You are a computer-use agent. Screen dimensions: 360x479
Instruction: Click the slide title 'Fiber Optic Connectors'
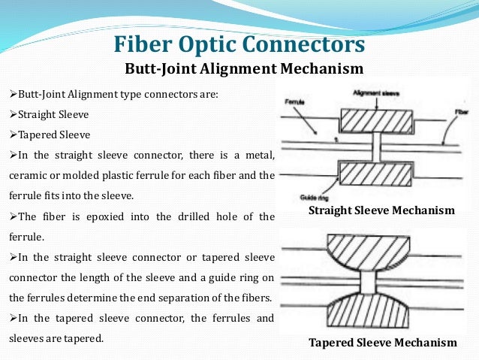239,44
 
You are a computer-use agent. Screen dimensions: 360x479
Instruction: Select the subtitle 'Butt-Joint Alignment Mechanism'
243,69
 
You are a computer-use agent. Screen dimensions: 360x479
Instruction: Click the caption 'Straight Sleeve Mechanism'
381,210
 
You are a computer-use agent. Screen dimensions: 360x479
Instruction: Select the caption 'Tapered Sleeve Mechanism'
382,343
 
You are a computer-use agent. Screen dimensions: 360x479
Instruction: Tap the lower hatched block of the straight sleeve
376,174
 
